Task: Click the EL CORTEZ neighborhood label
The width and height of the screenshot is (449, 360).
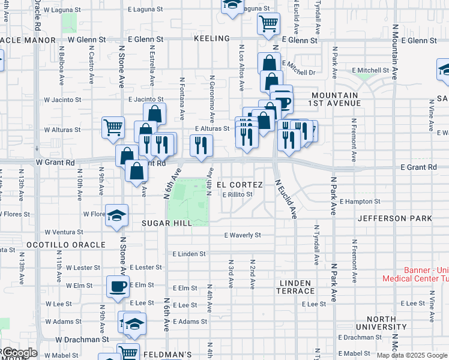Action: [240, 184]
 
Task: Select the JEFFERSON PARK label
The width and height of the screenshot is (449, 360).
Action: [394, 218]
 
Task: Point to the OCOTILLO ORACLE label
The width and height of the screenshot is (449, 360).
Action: [65, 245]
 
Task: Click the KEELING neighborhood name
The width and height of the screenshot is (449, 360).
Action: [212, 38]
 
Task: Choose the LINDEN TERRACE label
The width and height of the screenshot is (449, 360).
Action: [295, 287]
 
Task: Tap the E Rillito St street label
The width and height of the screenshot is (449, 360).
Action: [238, 194]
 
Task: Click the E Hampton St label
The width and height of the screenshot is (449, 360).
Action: [360, 202]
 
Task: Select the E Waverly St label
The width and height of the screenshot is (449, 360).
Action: [243, 236]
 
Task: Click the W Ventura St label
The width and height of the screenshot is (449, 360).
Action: [64, 232]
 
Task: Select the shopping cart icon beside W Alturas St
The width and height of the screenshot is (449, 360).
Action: [113, 127]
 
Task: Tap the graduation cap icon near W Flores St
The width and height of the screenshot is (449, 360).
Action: [116, 215]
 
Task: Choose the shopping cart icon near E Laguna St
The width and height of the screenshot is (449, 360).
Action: [268, 24]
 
